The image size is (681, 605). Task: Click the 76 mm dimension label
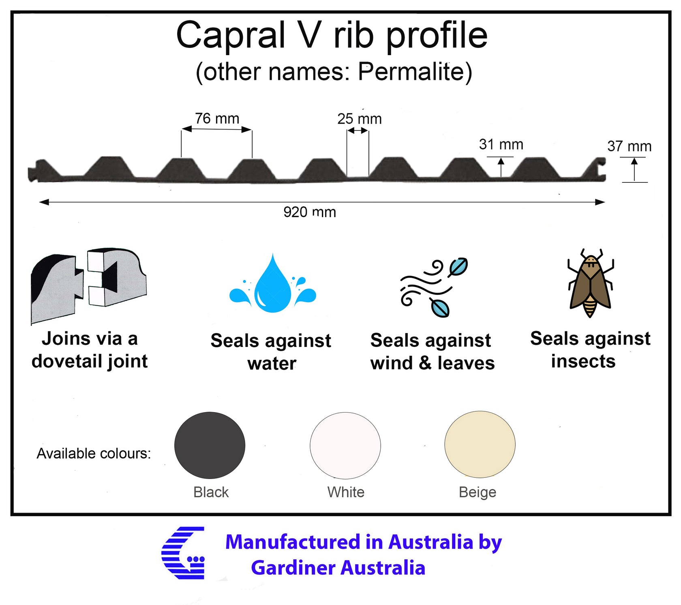point(217,118)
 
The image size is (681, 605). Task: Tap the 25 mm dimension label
point(359,119)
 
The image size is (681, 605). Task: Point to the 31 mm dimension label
point(501,144)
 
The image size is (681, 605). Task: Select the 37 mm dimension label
point(629,146)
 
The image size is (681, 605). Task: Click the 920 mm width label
point(310,212)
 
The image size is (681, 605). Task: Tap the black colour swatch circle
point(210,445)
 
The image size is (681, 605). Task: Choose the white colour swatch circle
point(345,445)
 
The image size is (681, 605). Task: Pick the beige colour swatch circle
point(480,445)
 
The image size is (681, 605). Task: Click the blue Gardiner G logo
point(183,553)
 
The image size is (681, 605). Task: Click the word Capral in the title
point(231,35)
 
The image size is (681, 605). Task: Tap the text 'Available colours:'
point(94,453)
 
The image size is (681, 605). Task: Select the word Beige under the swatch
point(478,492)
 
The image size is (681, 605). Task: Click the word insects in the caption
point(583,361)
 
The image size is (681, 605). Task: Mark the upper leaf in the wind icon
point(458,267)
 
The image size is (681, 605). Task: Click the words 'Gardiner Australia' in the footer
point(338,568)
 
